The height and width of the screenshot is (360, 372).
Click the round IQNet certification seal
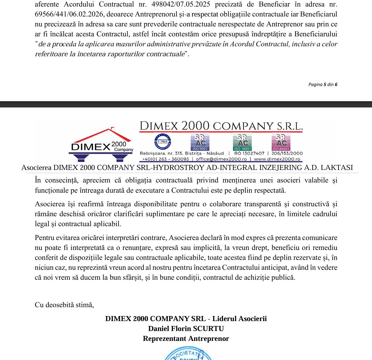pos(163,141)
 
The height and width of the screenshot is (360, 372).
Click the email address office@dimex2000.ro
pos(221,159)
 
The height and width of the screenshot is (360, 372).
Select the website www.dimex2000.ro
pos(277,159)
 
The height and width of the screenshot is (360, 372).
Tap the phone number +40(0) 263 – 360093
pos(165,159)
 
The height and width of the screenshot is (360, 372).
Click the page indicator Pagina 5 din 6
pos(323,84)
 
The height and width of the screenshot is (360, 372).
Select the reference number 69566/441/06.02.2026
pos(69,14)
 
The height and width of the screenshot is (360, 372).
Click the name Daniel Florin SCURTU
pos(186,329)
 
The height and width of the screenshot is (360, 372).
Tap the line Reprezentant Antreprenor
pos(186,339)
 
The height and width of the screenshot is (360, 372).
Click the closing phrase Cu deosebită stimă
pos(64,305)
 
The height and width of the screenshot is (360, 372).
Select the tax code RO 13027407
pos(249,153)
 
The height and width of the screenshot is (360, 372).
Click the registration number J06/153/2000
pos(287,153)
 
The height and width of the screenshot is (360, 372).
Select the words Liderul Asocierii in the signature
pos(239,319)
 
